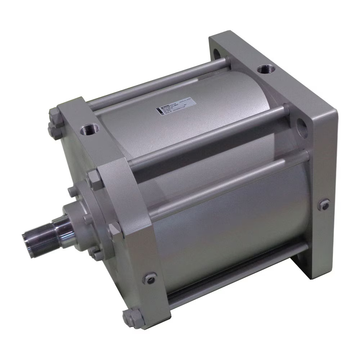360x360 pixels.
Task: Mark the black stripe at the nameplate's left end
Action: pyautogui.click(x=159, y=111)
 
